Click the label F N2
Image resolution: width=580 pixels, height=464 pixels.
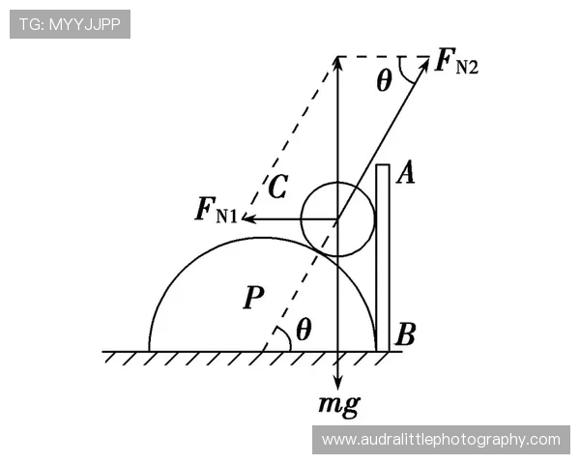tap(457, 62)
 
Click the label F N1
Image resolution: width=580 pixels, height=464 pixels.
tap(217, 211)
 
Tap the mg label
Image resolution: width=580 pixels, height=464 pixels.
tap(339, 406)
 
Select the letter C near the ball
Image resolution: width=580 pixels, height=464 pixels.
tap(277, 187)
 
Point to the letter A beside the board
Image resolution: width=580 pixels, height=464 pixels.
tap(406, 173)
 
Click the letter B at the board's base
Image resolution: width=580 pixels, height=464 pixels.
tap(405, 334)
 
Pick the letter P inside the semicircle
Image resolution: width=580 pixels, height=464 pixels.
tap(253, 297)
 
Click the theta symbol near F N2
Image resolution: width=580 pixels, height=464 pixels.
tap(384, 80)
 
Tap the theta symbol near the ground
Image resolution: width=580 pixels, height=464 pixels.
tap(304, 330)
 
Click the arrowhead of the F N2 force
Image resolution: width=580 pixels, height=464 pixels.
tap(424, 64)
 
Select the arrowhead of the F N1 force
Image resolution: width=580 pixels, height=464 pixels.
tap(248, 218)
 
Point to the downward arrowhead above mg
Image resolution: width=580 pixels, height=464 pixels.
tap(337, 383)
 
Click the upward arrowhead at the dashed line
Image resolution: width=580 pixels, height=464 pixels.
tap(337, 63)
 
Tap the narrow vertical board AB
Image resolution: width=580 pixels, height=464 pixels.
tap(383, 257)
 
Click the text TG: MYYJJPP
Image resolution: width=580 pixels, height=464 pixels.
tap(70, 24)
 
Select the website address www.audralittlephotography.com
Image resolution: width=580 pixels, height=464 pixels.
tap(441, 440)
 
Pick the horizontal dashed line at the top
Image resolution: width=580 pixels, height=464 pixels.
tap(383, 57)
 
